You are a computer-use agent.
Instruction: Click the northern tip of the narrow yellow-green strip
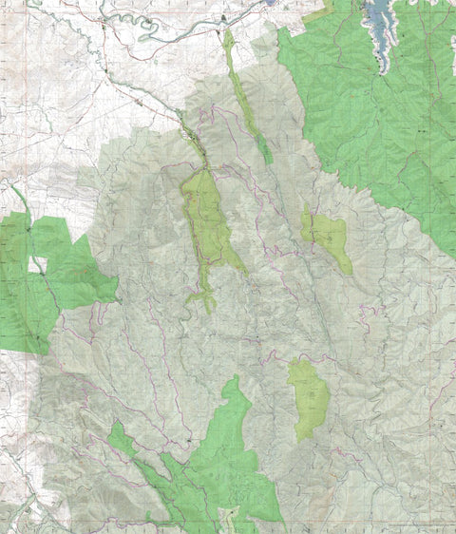point(227,32)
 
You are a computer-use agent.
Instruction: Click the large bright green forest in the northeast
point(380,114)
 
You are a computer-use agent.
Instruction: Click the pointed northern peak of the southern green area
point(233,379)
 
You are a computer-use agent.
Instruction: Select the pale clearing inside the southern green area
point(229,518)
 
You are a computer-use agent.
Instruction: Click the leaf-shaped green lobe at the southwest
point(121,439)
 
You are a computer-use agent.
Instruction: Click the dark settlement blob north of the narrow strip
point(224,18)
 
